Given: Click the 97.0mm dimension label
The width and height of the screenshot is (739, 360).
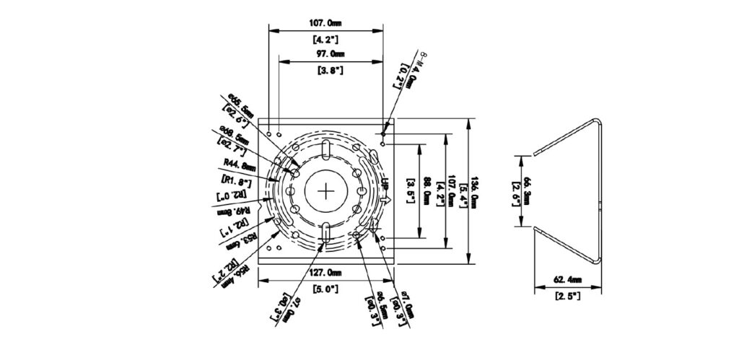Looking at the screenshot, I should [x=329, y=54].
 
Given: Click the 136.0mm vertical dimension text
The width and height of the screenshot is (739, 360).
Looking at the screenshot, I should [x=474, y=190].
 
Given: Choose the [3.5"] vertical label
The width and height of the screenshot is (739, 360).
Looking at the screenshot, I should [x=411, y=191].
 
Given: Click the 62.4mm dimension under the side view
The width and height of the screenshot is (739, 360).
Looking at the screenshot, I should [x=569, y=280].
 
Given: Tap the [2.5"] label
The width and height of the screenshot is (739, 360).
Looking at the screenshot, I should [x=569, y=296].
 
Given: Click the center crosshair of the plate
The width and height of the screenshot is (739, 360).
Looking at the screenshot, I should [x=327, y=191].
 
